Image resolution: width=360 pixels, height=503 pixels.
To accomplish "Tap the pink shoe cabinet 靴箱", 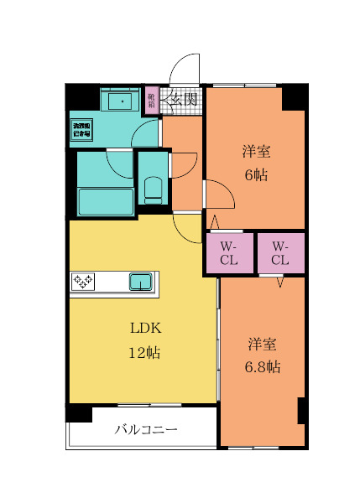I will pos(152,100).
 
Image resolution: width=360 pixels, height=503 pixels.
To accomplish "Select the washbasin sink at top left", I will pos(123,101).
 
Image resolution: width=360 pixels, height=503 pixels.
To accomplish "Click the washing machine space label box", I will pos(82,129).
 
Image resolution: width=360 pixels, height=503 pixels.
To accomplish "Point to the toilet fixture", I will pos(153,189).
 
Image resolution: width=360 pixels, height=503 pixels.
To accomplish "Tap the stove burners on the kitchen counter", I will pos(83,281).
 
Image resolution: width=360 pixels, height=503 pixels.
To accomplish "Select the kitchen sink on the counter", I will pos(140,281).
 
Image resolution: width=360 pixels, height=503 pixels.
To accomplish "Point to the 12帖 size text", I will pos(143,352).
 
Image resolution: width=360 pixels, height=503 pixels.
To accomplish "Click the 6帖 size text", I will pos(256,175).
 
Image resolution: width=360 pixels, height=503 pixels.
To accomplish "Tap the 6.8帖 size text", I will pos(263,367).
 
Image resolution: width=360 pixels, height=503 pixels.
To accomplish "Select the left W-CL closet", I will pos(229,253).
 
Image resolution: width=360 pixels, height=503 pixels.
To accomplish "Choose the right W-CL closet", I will pos(279,253).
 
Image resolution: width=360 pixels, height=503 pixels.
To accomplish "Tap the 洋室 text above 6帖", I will pos(256,152).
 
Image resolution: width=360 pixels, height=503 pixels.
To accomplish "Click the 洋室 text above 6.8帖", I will pos(263,344).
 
